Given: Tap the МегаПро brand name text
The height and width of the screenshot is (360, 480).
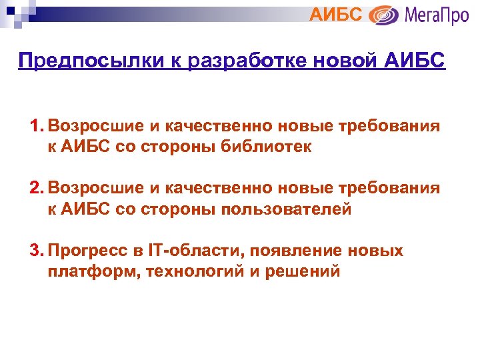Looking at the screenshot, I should (x=437, y=14).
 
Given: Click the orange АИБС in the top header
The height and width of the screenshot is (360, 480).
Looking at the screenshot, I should (x=337, y=13).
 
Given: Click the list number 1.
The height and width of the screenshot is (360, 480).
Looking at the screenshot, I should (x=36, y=127).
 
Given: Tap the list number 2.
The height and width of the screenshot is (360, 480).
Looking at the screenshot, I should (x=36, y=189).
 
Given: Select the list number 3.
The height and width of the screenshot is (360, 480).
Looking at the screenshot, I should (x=36, y=251).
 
